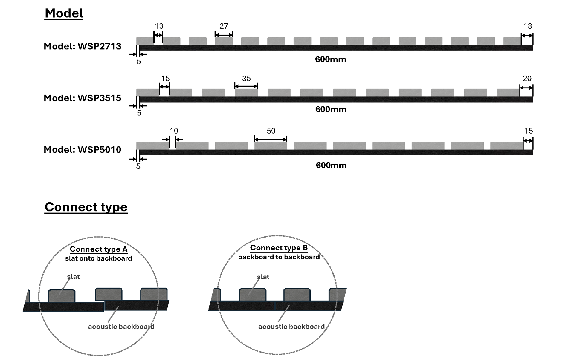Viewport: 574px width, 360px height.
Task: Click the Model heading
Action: pyautogui.click(x=64, y=13)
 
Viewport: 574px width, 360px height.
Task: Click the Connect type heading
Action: pyautogui.click(x=86, y=207)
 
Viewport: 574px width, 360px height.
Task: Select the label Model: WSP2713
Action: pyautogui.click(x=83, y=46)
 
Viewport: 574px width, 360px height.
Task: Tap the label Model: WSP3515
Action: pyautogui.click(x=83, y=98)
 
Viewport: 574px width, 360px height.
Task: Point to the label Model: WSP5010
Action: pyautogui.click(x=83, y=150)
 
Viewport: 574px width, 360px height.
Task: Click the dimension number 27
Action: pyautogui.click(x=224, y=26)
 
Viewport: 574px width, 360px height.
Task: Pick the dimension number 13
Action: pyautogui.click(x=159, y=26)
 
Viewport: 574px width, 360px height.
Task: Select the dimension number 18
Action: pyautogui.click(x=528, y=26)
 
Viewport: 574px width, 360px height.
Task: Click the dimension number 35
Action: pyautogui.click(x=246, y=79)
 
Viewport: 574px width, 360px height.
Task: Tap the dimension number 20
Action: pyautogui.click(x=527, y=79)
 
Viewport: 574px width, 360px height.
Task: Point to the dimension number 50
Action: pyautogui.click(x=271, y=131)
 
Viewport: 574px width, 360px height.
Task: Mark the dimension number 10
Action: pyautogui.click(x=174, y=131)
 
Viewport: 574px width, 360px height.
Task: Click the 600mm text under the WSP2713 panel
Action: pyautogui.click(x=330, y=59)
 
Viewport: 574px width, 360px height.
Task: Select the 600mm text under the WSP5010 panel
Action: pyautogui.click(x=331, y=165)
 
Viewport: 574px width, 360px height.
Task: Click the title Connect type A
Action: pyautogui.click(x=99, y=249)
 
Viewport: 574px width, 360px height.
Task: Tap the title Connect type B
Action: pyautogui.click(x=279, y=248)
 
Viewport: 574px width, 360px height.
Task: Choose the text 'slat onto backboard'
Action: pyautogui.click(x=99, y=258)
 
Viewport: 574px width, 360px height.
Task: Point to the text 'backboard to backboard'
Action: pyautogui.click(x=279, y=257)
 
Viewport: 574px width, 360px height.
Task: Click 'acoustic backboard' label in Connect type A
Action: pyautogui.click(x=121, y=327)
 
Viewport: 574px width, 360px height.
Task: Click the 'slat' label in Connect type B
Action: pyautogui.click(x=263, y=277)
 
